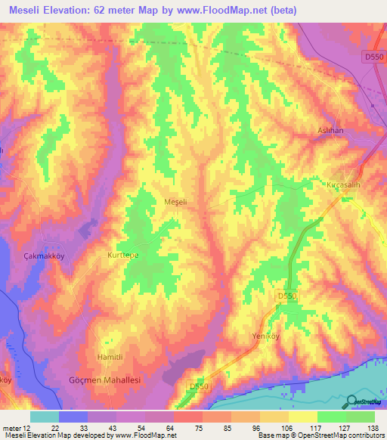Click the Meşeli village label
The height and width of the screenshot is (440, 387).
tap(175, 203)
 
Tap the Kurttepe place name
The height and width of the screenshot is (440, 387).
tap(118, 256)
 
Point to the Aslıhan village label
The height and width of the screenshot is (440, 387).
tap(330, 131)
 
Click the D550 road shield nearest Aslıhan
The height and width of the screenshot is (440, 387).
tap(373, 57)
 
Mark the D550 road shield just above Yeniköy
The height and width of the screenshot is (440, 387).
tap(286, 296)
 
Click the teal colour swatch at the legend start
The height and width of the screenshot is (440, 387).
tap(45, 417)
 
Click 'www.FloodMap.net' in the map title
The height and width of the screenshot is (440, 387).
tap(233, 11)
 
